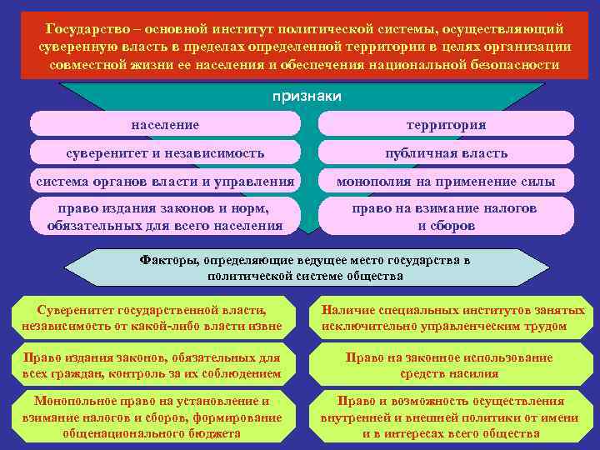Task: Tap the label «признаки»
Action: [x=307, y=96]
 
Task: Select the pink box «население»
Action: [x=165, y=124]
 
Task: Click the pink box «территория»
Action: [x=446, y=124]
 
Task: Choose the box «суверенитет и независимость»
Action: [x=165, y=152]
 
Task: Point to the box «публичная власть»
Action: [x=446, y=152]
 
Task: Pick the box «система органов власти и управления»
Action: [x=165, y=181]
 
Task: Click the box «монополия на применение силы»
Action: [x=446, y=181]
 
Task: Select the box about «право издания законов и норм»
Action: [x=165, y=216]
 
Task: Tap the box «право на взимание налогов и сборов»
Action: [x=446, y=216]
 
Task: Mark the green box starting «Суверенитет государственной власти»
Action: [x=152, y=317]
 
